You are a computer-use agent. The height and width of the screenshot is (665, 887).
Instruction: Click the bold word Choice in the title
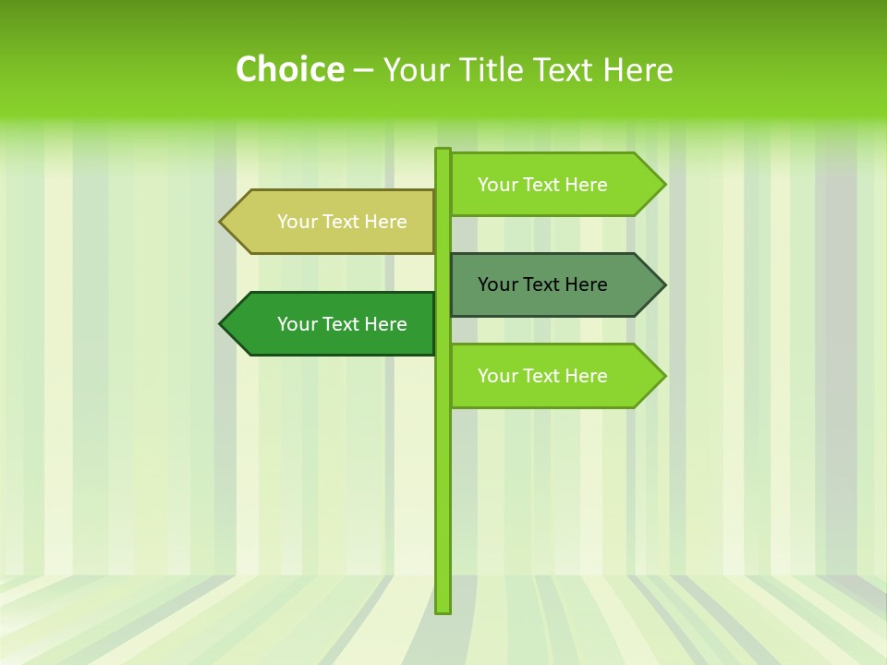point(289,69)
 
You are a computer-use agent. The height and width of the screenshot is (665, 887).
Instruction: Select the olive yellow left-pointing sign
point(333,222)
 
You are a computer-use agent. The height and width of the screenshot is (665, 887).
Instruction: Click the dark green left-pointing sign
point(333,324)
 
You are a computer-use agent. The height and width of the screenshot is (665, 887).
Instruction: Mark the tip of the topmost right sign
point(663,185)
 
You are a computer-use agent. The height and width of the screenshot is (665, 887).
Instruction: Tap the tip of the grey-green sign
point(663,284)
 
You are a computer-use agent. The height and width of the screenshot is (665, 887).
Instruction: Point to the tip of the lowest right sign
point(663,376)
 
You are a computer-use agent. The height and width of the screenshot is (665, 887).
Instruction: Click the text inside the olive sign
point(342,222)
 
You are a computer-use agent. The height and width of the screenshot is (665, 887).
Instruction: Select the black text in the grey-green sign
point(542,284)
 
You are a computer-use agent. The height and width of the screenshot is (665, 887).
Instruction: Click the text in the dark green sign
point(342,324)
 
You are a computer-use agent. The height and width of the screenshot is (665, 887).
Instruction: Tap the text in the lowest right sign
point(542,376)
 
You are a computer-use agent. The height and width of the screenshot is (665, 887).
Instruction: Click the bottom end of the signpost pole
point(443,610)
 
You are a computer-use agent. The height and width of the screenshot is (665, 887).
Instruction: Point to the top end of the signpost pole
point(443,151)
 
